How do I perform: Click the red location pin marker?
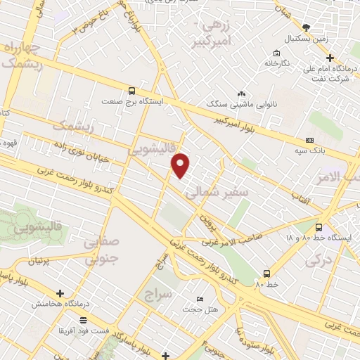coord(181,165)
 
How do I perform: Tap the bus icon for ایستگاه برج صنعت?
coord(131,91)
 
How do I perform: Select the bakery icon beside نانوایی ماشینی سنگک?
coord(241,94)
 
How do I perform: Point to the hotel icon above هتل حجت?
coord(200,299)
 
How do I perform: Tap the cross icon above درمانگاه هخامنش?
coord(60,294)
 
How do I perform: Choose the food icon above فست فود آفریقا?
coord(84,320)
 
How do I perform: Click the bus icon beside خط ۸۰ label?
coord(266,273)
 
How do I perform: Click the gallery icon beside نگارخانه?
coord(278,54)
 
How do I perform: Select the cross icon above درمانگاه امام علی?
coord(330,58)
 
